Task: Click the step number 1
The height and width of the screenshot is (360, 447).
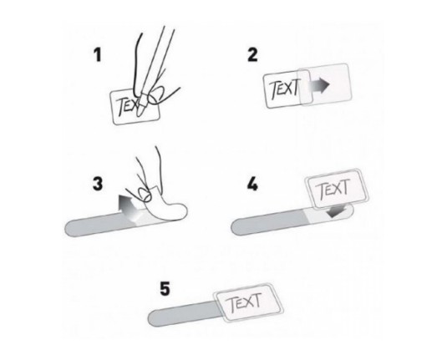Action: pos(98,55)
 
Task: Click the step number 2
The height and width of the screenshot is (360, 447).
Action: pos(252,55)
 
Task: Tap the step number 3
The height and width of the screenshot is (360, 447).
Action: pos(98,184)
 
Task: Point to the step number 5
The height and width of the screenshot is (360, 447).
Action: pos(165,289)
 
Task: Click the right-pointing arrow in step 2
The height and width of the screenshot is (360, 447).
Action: pos(318,84)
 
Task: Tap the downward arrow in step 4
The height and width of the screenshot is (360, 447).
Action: pos(337,211)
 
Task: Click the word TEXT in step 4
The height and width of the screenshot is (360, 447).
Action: pos(333,189)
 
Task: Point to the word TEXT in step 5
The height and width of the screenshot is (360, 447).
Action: pos(245,302)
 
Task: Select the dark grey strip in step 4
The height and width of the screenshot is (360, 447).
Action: pos(269,223)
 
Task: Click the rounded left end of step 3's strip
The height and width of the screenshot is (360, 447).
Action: pos(69,229)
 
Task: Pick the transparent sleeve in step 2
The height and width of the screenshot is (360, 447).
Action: pos(325,84)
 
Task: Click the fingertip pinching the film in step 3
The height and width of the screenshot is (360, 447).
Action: pos(145,195)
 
